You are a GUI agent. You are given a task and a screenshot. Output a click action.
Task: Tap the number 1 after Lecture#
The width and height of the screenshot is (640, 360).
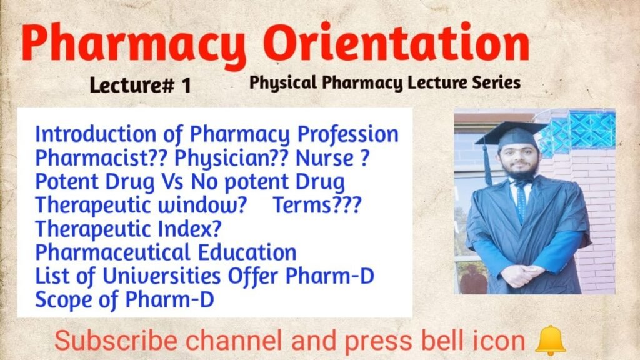coord(186,85)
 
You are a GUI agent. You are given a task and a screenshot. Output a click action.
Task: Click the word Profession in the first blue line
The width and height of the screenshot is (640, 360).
coord(347,134)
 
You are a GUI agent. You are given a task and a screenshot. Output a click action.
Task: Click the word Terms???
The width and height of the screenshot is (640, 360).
coord(317,205)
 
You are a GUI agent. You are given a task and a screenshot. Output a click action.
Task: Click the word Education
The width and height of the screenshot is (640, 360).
coord(247,252)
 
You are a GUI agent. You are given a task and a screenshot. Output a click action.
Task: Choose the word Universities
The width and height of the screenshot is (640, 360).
coord(161,276)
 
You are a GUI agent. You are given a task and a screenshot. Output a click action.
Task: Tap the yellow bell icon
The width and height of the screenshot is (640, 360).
coord(550,341)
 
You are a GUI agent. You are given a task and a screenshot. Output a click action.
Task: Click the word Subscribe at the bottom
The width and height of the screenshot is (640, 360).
coord(116,341)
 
